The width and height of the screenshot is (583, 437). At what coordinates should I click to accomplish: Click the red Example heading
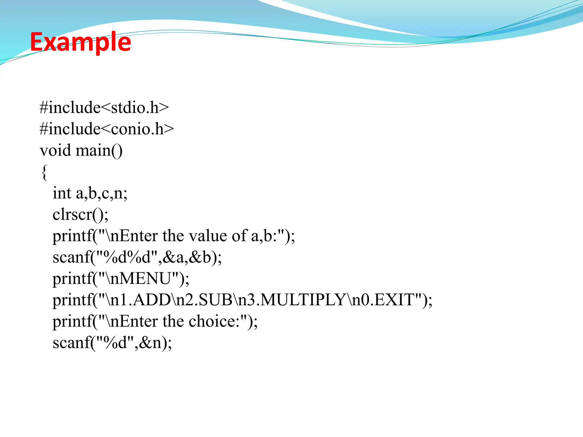(81, 42)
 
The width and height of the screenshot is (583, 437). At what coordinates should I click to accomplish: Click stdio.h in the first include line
(135, 108)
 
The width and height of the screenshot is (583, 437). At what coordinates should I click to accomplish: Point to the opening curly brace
(44, 172)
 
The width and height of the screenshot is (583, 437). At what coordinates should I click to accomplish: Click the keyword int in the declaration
(62, 193)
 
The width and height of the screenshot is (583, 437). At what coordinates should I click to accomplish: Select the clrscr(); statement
(81, 215)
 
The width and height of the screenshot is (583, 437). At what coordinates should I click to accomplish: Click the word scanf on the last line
(71, 343)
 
